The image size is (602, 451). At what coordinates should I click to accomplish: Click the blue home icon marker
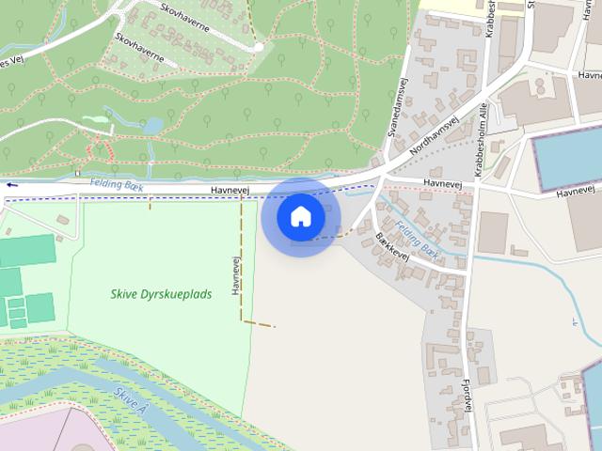click(301, 217)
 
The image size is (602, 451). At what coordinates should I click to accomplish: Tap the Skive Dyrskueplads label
click(161, 294)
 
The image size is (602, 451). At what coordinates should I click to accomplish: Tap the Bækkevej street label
click(392, 246)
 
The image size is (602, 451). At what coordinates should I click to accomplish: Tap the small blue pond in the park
click(151, 125)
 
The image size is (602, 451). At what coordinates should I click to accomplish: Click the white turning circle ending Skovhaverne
click(258, 46)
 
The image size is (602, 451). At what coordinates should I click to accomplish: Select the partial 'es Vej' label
click(13, 64)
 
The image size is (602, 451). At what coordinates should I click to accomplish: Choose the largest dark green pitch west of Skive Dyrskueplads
click(27, 251)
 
